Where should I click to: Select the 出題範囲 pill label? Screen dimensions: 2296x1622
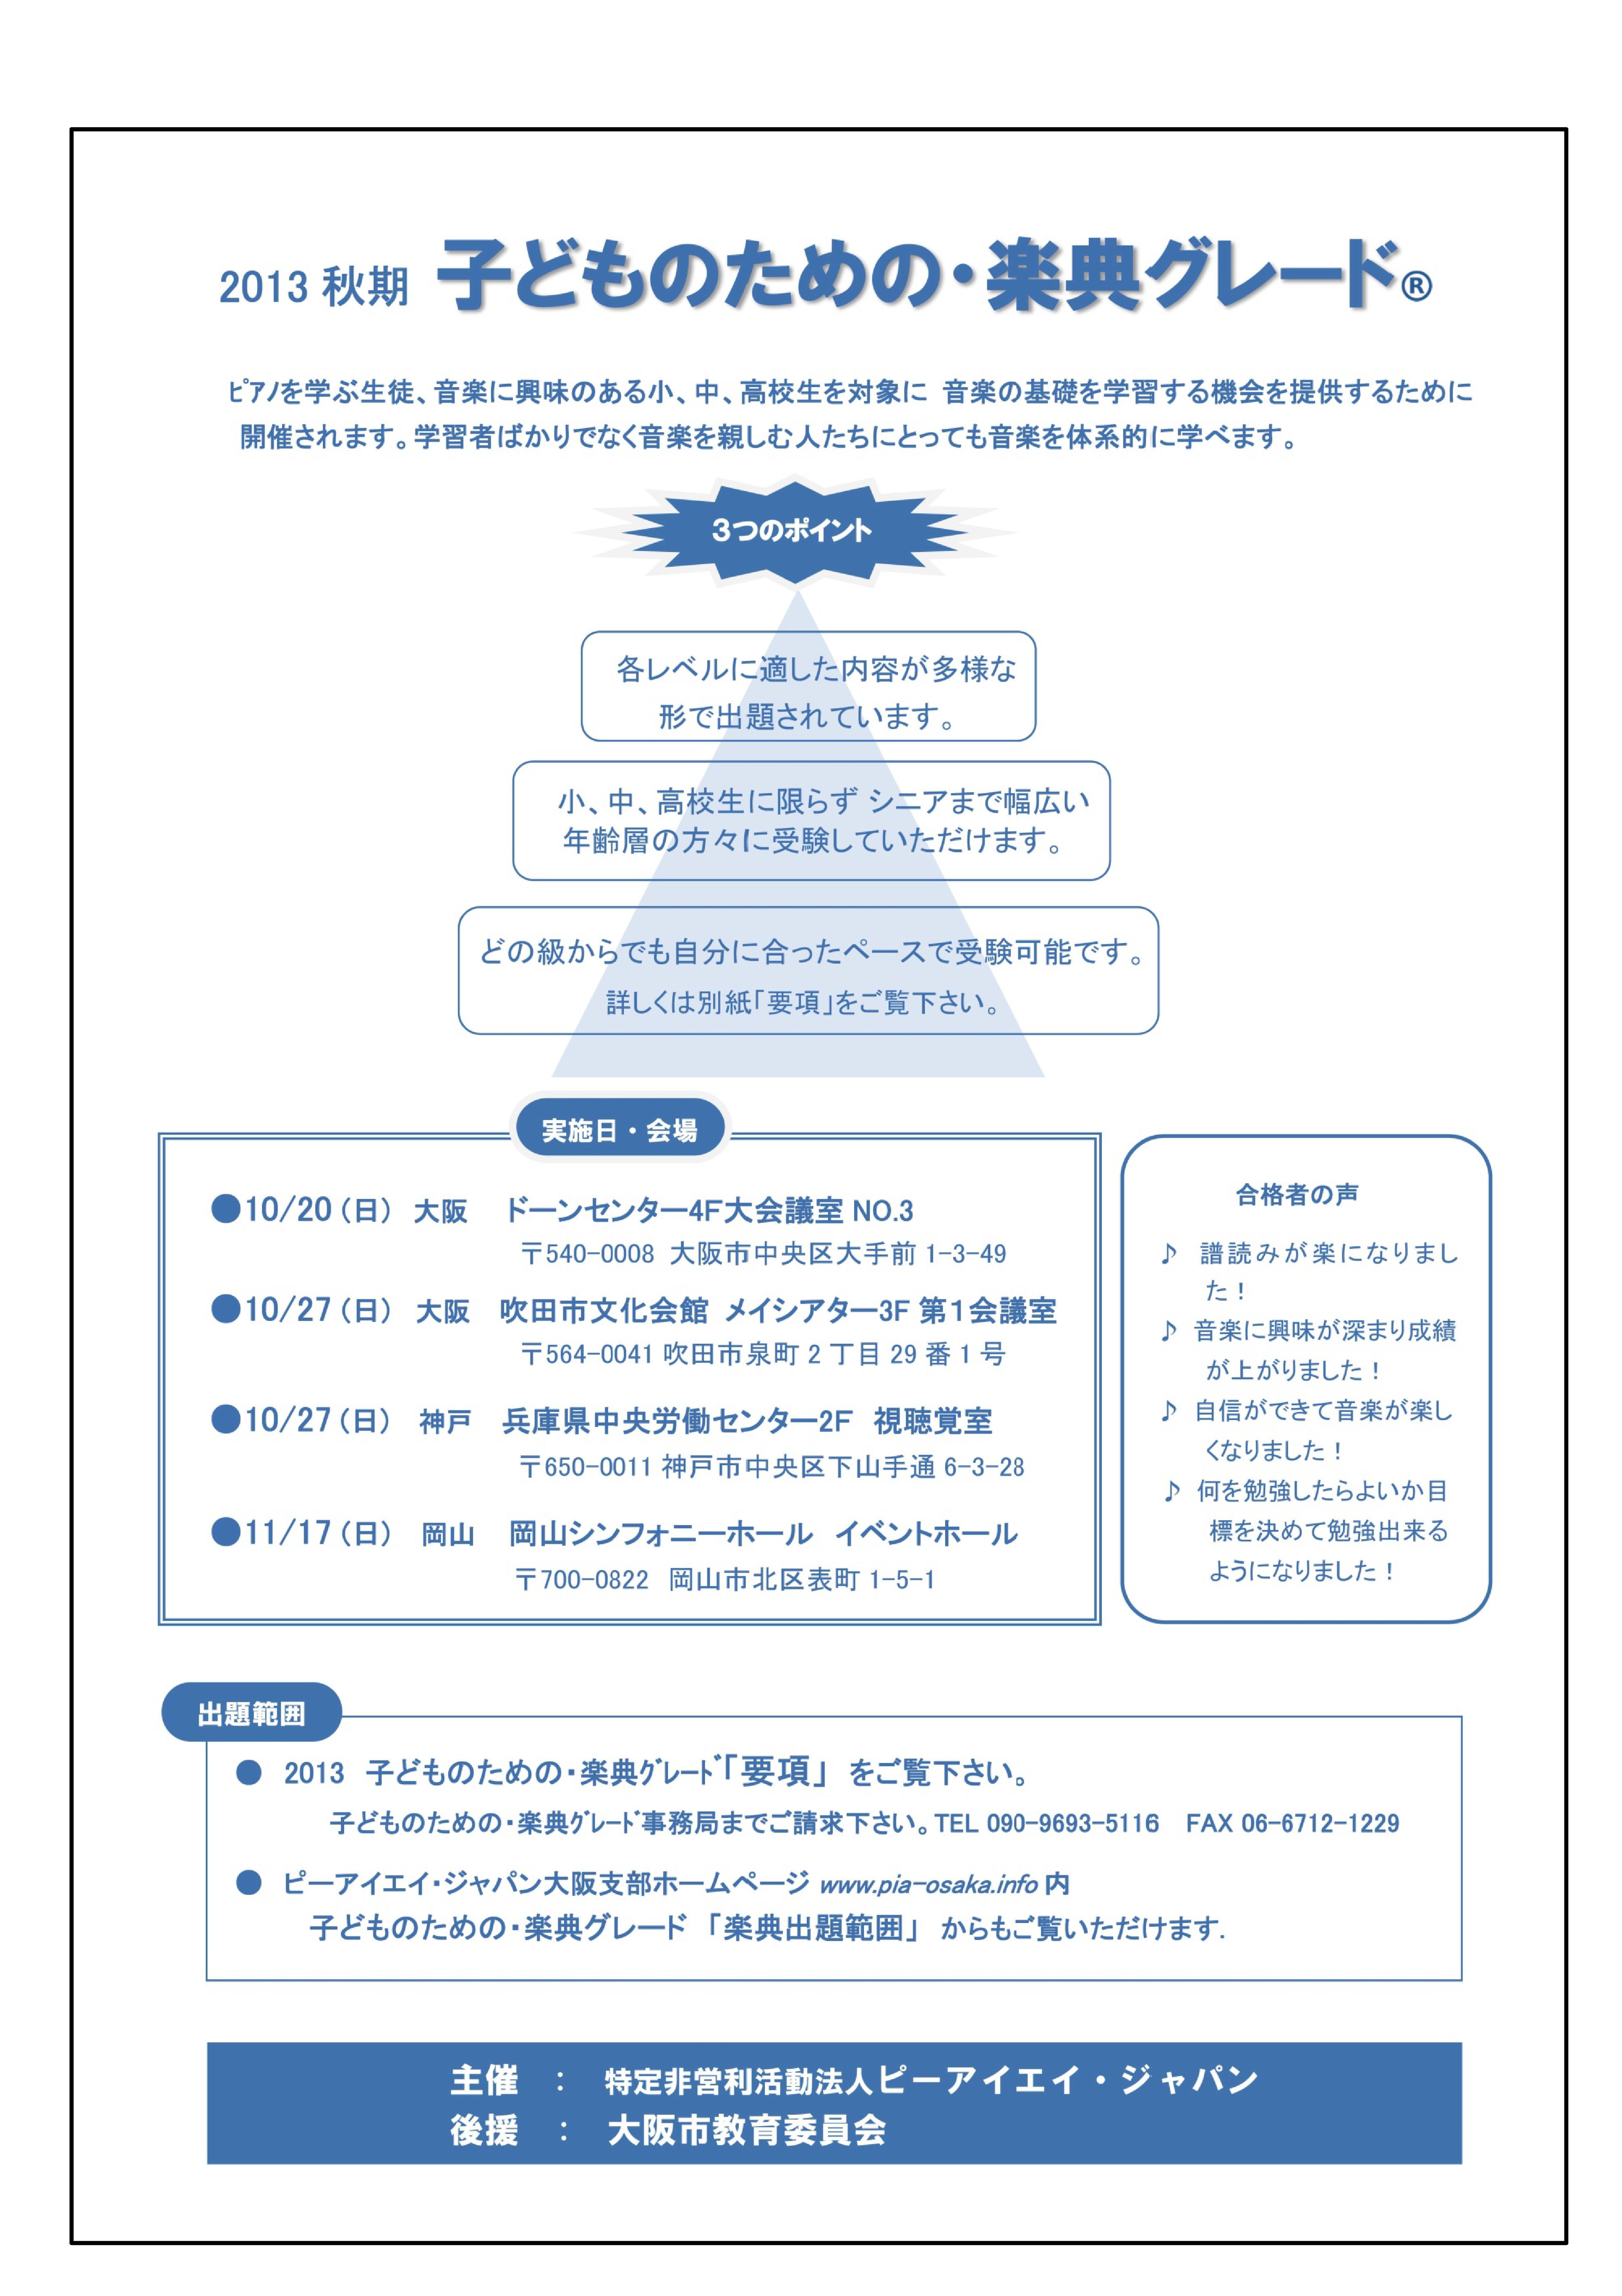(251, 1714)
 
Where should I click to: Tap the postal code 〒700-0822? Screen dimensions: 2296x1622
(582, 1580)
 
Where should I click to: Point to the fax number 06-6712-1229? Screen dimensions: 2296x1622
(1320, 1823)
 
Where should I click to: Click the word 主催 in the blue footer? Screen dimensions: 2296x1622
(484, 2081)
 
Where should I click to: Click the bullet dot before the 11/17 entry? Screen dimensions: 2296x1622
(225, 1531)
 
